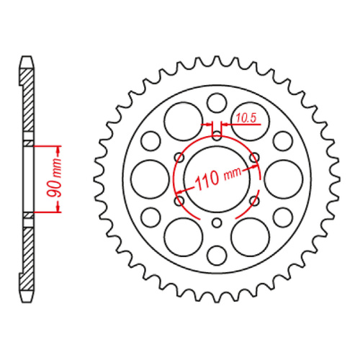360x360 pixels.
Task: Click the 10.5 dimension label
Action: point(245,116)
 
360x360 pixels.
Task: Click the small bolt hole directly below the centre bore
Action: point(217,221)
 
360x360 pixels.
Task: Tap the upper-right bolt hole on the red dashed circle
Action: point(253,158)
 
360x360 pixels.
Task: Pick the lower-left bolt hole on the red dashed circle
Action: point(179,195)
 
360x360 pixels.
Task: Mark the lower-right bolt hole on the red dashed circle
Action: point(253,195)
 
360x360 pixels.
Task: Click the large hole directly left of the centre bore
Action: point(149,176)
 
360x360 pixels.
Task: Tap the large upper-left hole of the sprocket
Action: point(181,120)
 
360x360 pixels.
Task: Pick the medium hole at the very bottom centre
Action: point(217,253)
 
